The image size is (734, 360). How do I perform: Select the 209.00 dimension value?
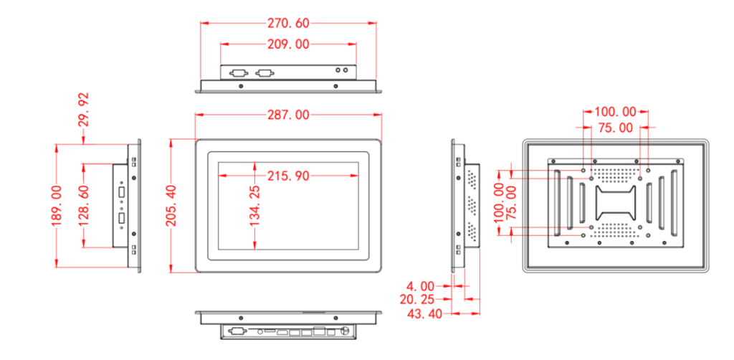click(x=288, y=44)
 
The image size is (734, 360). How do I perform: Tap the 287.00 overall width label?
click(x=288, y=115)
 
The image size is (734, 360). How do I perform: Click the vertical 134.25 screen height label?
click(x=255, y=206)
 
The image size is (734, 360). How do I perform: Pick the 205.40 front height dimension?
click(x=172, y=206)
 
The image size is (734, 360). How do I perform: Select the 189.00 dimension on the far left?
click(x=57, y=206)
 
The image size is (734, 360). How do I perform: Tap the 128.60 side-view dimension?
click(x=84, y=206)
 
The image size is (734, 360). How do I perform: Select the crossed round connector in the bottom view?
click(x=347, y=332)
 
